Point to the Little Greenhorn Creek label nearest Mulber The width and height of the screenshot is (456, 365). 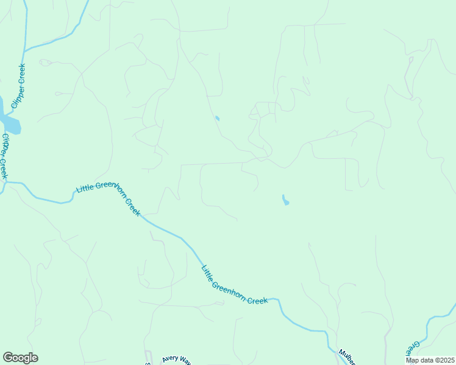(235, 286)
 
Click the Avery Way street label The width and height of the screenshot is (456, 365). (177, 359)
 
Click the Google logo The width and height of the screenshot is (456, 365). (20, 358)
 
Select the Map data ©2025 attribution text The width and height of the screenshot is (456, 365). (429, 360)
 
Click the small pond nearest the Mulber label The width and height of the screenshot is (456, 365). (285, 200)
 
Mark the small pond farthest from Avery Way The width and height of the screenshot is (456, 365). (217, 117)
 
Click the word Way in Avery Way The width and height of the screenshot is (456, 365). (186, 360)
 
